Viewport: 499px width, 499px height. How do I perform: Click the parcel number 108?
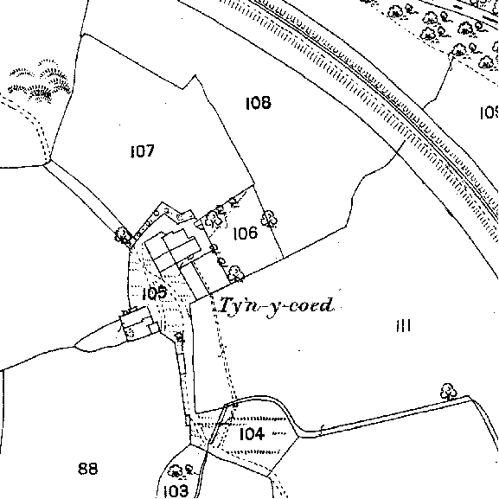coord(259,103)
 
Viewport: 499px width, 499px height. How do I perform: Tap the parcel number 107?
coord(143,151)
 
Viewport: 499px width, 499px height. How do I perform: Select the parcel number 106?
coord(245,234)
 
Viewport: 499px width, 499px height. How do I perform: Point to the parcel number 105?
coord(154,293)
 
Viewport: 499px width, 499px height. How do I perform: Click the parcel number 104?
coord(252,433)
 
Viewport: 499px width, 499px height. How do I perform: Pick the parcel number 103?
coord(176,491)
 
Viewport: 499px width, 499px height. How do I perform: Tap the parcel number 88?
coord(88,469)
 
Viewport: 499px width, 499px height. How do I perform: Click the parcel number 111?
coord(404,326)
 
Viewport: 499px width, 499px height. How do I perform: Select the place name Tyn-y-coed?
coord(276,306)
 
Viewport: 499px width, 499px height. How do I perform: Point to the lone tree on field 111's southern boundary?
coord(448,392)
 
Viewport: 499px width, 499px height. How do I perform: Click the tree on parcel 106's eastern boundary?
coord(269,219)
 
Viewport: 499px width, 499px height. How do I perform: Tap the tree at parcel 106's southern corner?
coord(235,273)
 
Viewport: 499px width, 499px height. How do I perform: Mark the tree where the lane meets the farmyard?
coord(123,236)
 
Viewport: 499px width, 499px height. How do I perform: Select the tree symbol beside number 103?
coord(179,470)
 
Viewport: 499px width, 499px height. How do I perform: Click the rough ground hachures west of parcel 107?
coord(40,81)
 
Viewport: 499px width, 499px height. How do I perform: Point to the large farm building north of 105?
coord(173,251)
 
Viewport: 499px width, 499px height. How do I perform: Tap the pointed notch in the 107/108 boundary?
coord(195,76)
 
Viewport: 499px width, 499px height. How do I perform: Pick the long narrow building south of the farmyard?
coord(182,363)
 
